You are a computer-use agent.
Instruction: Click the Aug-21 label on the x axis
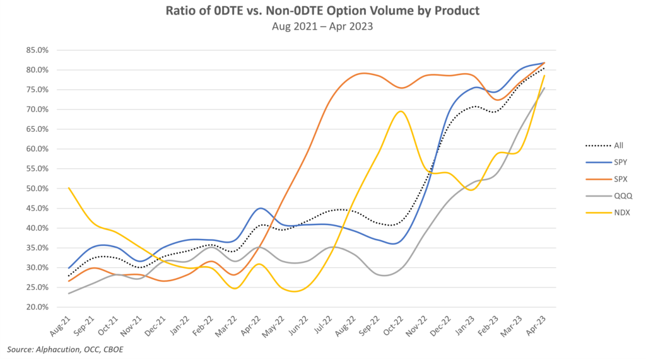[x=61, y=326]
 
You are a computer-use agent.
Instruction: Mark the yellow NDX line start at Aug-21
[x=69, y=188]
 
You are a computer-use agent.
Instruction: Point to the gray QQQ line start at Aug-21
[x=69, y=293]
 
